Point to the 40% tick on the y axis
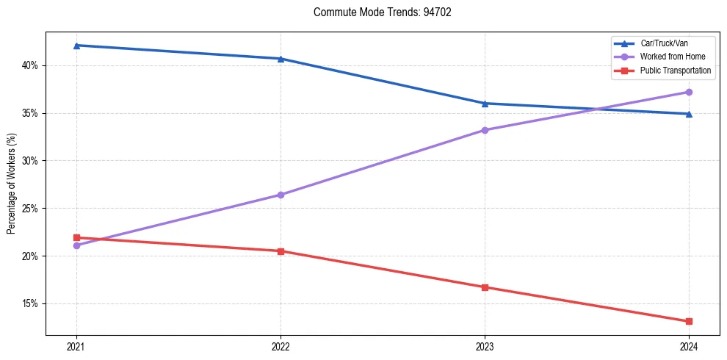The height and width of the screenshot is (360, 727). tap(29, 65)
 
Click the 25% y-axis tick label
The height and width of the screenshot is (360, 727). tap(29, 209)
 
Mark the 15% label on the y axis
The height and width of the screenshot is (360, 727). tap(29, 303)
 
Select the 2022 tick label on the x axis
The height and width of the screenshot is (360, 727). tap(281, 346)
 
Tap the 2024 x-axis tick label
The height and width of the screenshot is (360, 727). tap(689, 346)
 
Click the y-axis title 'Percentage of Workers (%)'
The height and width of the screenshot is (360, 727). tap(12, 184)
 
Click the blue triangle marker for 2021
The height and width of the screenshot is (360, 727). tap(76, 46)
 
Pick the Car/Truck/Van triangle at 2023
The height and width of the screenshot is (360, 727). tap(485, 104)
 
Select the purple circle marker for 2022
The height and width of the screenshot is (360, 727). tap(281, 195)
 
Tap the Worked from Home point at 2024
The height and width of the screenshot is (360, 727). tap(689, 92)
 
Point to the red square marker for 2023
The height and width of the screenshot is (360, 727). tap(485, 287)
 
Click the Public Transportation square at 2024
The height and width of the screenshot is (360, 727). tap(689, 321)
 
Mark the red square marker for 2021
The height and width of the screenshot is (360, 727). tap(76, 237)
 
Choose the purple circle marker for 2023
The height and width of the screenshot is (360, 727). tap(485, 130)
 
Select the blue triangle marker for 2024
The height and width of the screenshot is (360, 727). tap(689, 114)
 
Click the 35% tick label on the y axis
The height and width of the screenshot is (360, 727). tap(29, 113)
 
